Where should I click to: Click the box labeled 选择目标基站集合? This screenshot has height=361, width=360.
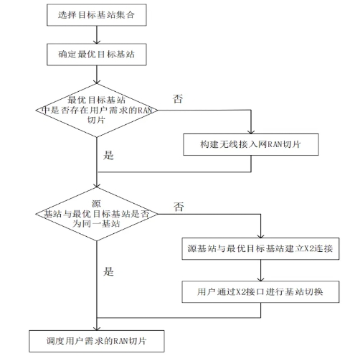click(97, 15)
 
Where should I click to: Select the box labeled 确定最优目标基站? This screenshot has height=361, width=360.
click(97, 55)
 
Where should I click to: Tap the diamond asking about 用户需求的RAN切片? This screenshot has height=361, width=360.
click(97, 111)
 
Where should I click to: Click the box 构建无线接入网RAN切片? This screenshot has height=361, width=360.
click(251, 144)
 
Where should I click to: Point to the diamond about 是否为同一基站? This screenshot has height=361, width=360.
click(97, 214)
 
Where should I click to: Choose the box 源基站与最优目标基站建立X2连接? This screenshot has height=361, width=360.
click(260, 248)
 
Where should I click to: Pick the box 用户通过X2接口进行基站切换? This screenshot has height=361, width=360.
click(260, 291)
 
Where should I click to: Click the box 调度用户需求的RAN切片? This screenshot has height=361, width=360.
click(97, 341)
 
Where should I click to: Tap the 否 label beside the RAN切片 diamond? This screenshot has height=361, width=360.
click(178, 99)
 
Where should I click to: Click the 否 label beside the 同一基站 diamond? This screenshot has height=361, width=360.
click(179, 207)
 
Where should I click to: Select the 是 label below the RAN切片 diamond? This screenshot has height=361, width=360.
click(108, 155)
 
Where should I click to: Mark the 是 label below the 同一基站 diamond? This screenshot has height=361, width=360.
click(108, 271)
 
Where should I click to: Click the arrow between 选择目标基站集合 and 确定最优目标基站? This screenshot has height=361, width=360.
click(97, 34)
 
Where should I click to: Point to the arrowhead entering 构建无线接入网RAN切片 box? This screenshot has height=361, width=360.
click(251, 132)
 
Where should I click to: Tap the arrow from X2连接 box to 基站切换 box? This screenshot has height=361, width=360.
click(260, 271)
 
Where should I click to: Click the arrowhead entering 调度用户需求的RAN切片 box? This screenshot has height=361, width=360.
click(97, 329)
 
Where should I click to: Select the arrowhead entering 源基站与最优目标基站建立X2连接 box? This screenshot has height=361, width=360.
click(260, 236)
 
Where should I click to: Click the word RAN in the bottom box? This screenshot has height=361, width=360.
click(120, 341)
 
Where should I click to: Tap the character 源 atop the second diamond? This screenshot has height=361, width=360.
click(96, 204)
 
